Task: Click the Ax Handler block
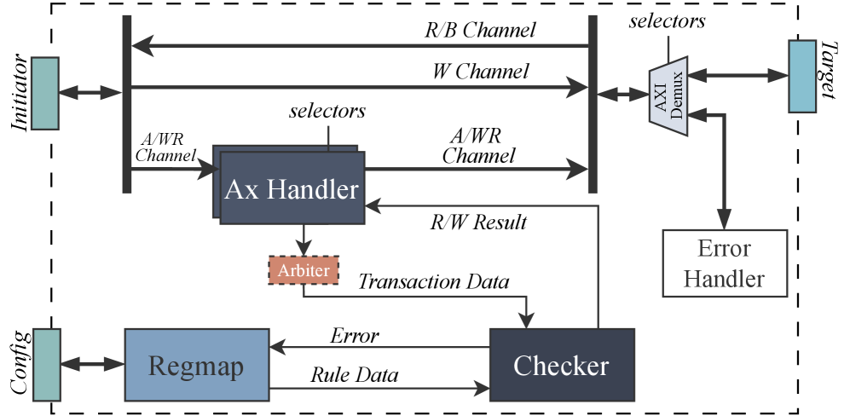pos(292,188)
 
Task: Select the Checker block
pos(561,366)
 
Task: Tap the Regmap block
pos(197,366)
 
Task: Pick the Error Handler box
pos(725,263)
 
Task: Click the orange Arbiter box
pos(304,270)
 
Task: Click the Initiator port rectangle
pos(44,93)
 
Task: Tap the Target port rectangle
pos(802,76)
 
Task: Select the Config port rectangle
pos(44,364)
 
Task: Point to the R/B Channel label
pos(480,31)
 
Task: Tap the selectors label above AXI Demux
pos(667,20)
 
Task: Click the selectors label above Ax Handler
pos(327,111)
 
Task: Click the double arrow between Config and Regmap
pos(91,365)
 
